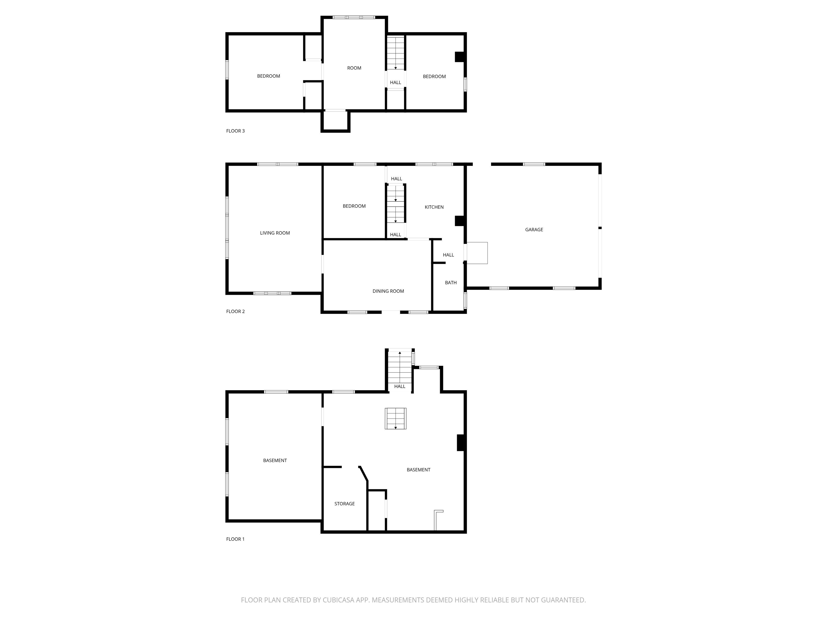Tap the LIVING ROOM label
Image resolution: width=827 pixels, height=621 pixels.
[275, 233]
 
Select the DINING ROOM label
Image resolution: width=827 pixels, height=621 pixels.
[388, 291]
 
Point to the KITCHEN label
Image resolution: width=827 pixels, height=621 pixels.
[434, 207]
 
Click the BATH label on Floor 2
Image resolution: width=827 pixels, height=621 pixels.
[450, 283]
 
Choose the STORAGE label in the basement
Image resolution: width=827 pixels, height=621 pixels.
[344, 504]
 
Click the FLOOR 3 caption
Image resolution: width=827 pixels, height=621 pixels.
[235, 131]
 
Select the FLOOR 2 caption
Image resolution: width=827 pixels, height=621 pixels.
[235, 311]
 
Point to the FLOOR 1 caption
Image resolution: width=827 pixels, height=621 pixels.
[235, 539]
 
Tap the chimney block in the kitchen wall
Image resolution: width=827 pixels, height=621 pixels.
[459, 221]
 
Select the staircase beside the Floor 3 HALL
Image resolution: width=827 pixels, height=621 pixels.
[395, 53]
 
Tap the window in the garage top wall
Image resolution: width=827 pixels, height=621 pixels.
[534, 164]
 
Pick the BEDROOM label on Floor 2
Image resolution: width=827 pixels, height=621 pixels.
[354, 206]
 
